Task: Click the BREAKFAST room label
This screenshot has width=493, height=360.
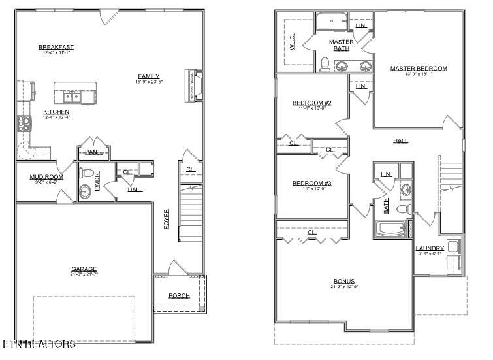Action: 56,47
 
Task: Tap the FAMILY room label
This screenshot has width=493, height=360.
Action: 148,76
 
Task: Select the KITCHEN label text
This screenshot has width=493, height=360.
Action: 56,112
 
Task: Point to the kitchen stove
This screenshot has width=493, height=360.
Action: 24,122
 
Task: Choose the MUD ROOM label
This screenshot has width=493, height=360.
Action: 46,177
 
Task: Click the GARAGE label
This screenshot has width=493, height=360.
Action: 84,269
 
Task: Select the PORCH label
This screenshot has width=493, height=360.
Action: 179,296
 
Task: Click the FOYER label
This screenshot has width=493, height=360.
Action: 167,220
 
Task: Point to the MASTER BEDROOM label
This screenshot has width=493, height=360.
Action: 419,69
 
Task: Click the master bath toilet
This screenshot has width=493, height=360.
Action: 325,63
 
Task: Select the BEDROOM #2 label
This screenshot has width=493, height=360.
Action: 311,103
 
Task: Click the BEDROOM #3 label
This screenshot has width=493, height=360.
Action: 311,183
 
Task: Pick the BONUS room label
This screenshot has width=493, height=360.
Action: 343,282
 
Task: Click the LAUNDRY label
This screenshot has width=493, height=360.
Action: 430,248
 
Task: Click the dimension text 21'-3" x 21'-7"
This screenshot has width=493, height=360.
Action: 84,274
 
